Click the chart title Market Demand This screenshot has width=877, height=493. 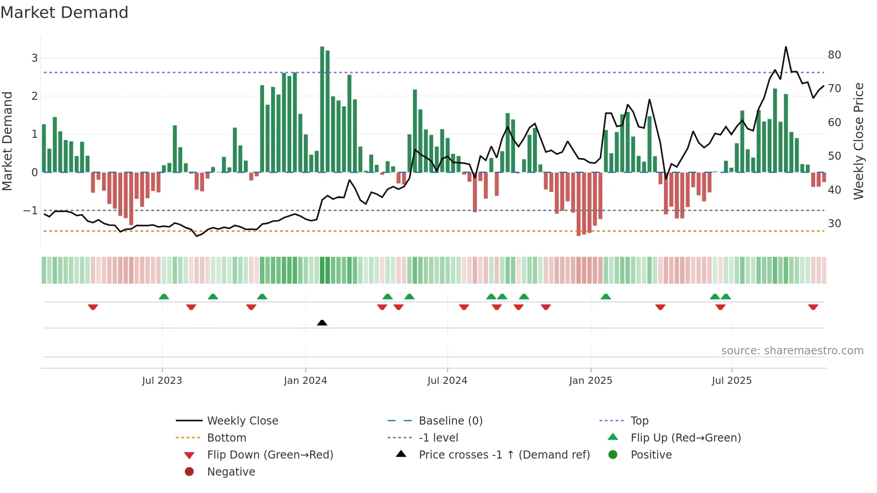[64, 13]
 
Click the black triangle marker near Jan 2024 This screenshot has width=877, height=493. [322, 323]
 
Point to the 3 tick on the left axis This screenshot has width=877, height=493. [34, 58]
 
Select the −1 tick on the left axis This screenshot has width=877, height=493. [31, 210]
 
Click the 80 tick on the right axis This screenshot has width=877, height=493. [834, 55]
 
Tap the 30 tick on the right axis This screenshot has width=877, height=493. [834, 223]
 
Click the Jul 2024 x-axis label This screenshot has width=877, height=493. [447, 381]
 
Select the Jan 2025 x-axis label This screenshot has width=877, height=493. [590, 381]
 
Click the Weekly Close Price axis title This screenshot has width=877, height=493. [858, 141]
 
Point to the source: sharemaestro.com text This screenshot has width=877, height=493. [792, 351]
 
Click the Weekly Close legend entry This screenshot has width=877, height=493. [242, 421]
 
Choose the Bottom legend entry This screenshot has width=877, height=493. [226, 438]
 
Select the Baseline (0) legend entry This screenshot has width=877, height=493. [450, 421]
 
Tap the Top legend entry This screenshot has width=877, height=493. [639, 421]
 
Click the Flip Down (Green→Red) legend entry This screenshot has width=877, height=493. [270, 455]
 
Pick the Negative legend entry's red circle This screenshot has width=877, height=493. [189, 472]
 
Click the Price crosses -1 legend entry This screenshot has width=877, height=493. [504, 455]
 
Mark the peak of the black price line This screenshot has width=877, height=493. [786, 47]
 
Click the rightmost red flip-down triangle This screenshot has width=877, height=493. [813, 307]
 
